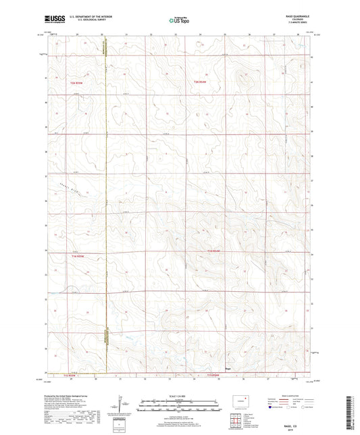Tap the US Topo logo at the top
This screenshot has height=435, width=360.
point(178,20)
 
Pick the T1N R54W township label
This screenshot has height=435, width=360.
point(215,252)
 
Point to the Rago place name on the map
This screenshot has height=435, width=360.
point(228,369)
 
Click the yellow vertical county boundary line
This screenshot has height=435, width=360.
point(107,203)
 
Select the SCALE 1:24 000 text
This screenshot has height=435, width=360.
point(179,396)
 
